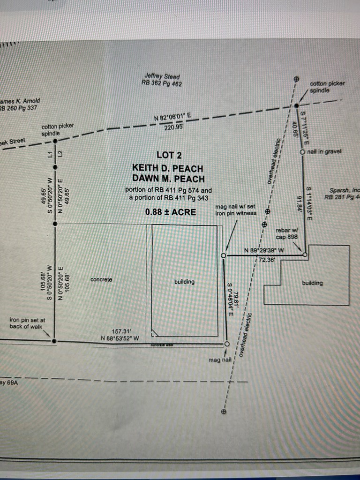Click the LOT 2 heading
[168, 155]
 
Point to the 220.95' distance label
[174, 126]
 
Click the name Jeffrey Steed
[162, 76]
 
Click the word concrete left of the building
[101, 279]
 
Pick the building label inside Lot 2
[184, 282]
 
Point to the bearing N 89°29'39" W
[264, 250]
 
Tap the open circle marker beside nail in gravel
[302, 152]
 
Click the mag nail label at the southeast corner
[220, 360]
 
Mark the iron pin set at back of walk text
[27, 323]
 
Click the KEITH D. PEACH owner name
[168, 168]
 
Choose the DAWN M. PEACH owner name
[168, 179]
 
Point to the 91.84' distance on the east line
[299, 204]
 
